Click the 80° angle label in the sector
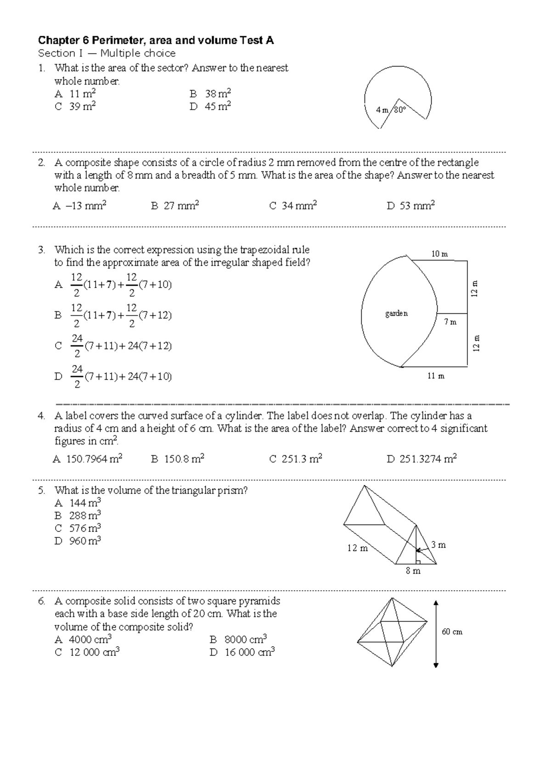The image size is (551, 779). click(400, 110)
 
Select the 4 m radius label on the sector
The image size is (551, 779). click(382, 110)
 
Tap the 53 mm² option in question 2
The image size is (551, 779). click(411, 206)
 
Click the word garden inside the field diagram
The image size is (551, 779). click(396, 314)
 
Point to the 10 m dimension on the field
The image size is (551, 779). click(439, 254)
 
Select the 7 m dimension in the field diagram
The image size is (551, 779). click(450, 322)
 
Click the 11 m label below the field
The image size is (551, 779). click(436, 376)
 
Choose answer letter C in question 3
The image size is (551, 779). click(58, 346)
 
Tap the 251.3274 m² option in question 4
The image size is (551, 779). click(422, 459)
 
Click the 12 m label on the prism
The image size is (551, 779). click(358, 548)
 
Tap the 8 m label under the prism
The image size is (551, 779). click(413, 571)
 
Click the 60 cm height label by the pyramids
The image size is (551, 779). click(452, 632)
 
